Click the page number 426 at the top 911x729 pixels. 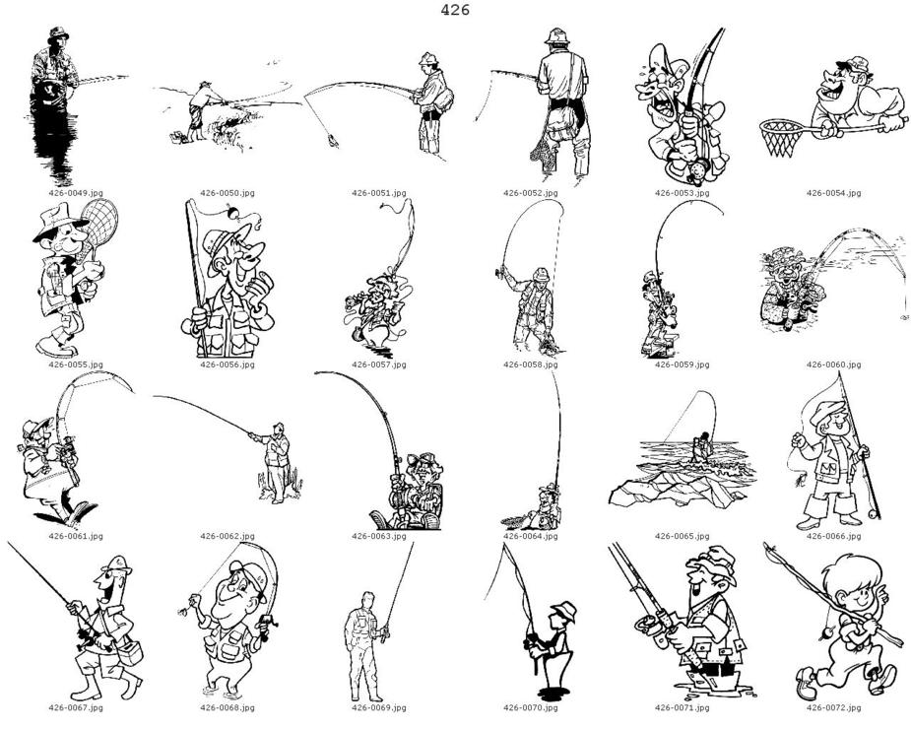tap(455, 10)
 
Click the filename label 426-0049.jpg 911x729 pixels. tap(76, 193)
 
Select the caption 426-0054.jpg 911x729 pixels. tap(834, 193)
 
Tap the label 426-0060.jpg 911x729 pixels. tap(834, 364)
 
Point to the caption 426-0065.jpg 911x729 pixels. tap(683, 536)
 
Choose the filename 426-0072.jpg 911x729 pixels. tap(834, 707)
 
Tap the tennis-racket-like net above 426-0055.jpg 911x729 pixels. tap(99, 222)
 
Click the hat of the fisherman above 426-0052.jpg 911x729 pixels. tap(556, 36)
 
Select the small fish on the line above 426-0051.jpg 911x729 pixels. tap(333, 140)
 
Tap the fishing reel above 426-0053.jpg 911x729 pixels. tap(694, 170)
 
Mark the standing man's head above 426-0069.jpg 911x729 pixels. tap(366, 599)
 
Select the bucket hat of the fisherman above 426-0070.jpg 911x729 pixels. tap(564, 611)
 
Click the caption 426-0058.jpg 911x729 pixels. tap(531, 364)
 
